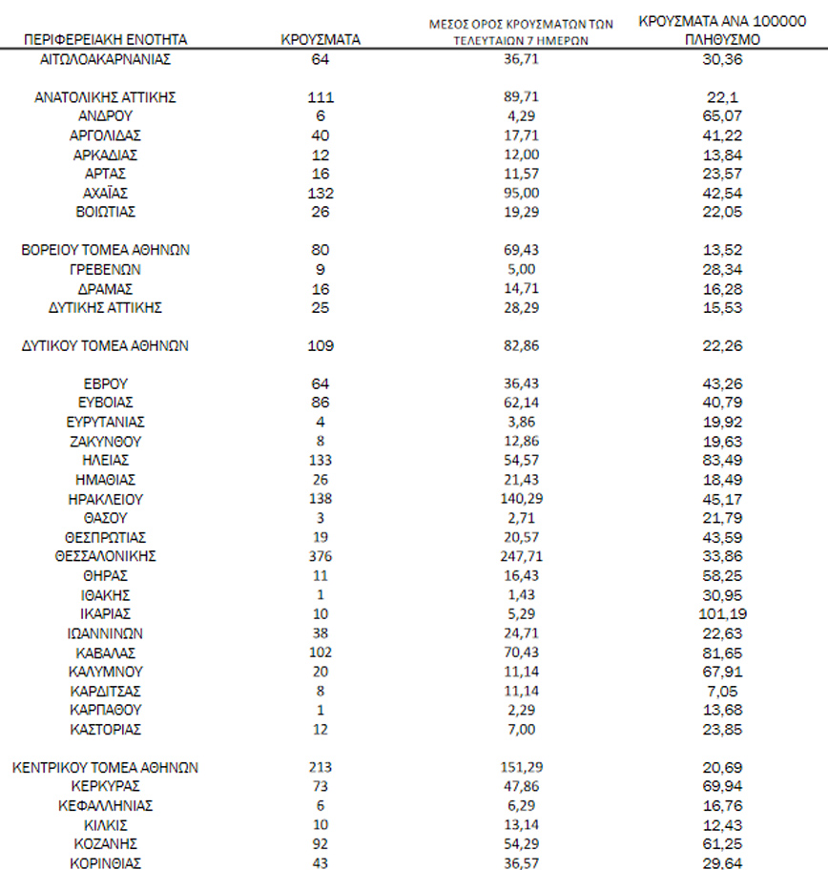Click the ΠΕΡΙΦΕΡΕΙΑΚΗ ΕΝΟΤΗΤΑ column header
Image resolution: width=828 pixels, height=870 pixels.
tap(105, 39)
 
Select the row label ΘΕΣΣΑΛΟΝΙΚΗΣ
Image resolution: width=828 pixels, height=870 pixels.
tap(105, 556)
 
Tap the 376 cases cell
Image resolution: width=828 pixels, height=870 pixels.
tap(320, 556)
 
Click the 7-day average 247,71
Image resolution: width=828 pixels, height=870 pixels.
tap(520, 556)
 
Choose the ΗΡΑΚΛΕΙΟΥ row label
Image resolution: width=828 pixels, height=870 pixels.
tap(105, 499)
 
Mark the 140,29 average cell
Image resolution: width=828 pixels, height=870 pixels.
tap(520, 499)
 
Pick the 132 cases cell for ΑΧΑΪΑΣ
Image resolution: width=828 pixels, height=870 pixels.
tap(320, 193)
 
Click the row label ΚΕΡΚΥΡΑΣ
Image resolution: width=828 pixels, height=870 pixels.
tap(105, 786)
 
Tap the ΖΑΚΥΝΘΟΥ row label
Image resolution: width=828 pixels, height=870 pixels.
tap(105, 441)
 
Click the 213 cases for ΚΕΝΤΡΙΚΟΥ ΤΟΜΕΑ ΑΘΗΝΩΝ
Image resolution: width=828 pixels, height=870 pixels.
tap(320, 767)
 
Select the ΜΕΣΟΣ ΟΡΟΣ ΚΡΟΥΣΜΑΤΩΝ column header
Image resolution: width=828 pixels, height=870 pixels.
tap(520, 32)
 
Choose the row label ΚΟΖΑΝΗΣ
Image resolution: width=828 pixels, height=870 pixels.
tap(105, 843)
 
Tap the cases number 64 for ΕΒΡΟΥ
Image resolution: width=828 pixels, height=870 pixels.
tap(320, 383)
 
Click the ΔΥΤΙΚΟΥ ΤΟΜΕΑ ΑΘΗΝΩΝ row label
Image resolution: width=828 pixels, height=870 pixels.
tap(105, 345)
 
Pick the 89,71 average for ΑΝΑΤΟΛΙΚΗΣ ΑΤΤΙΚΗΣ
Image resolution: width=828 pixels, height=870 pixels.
tap(520, 97)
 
